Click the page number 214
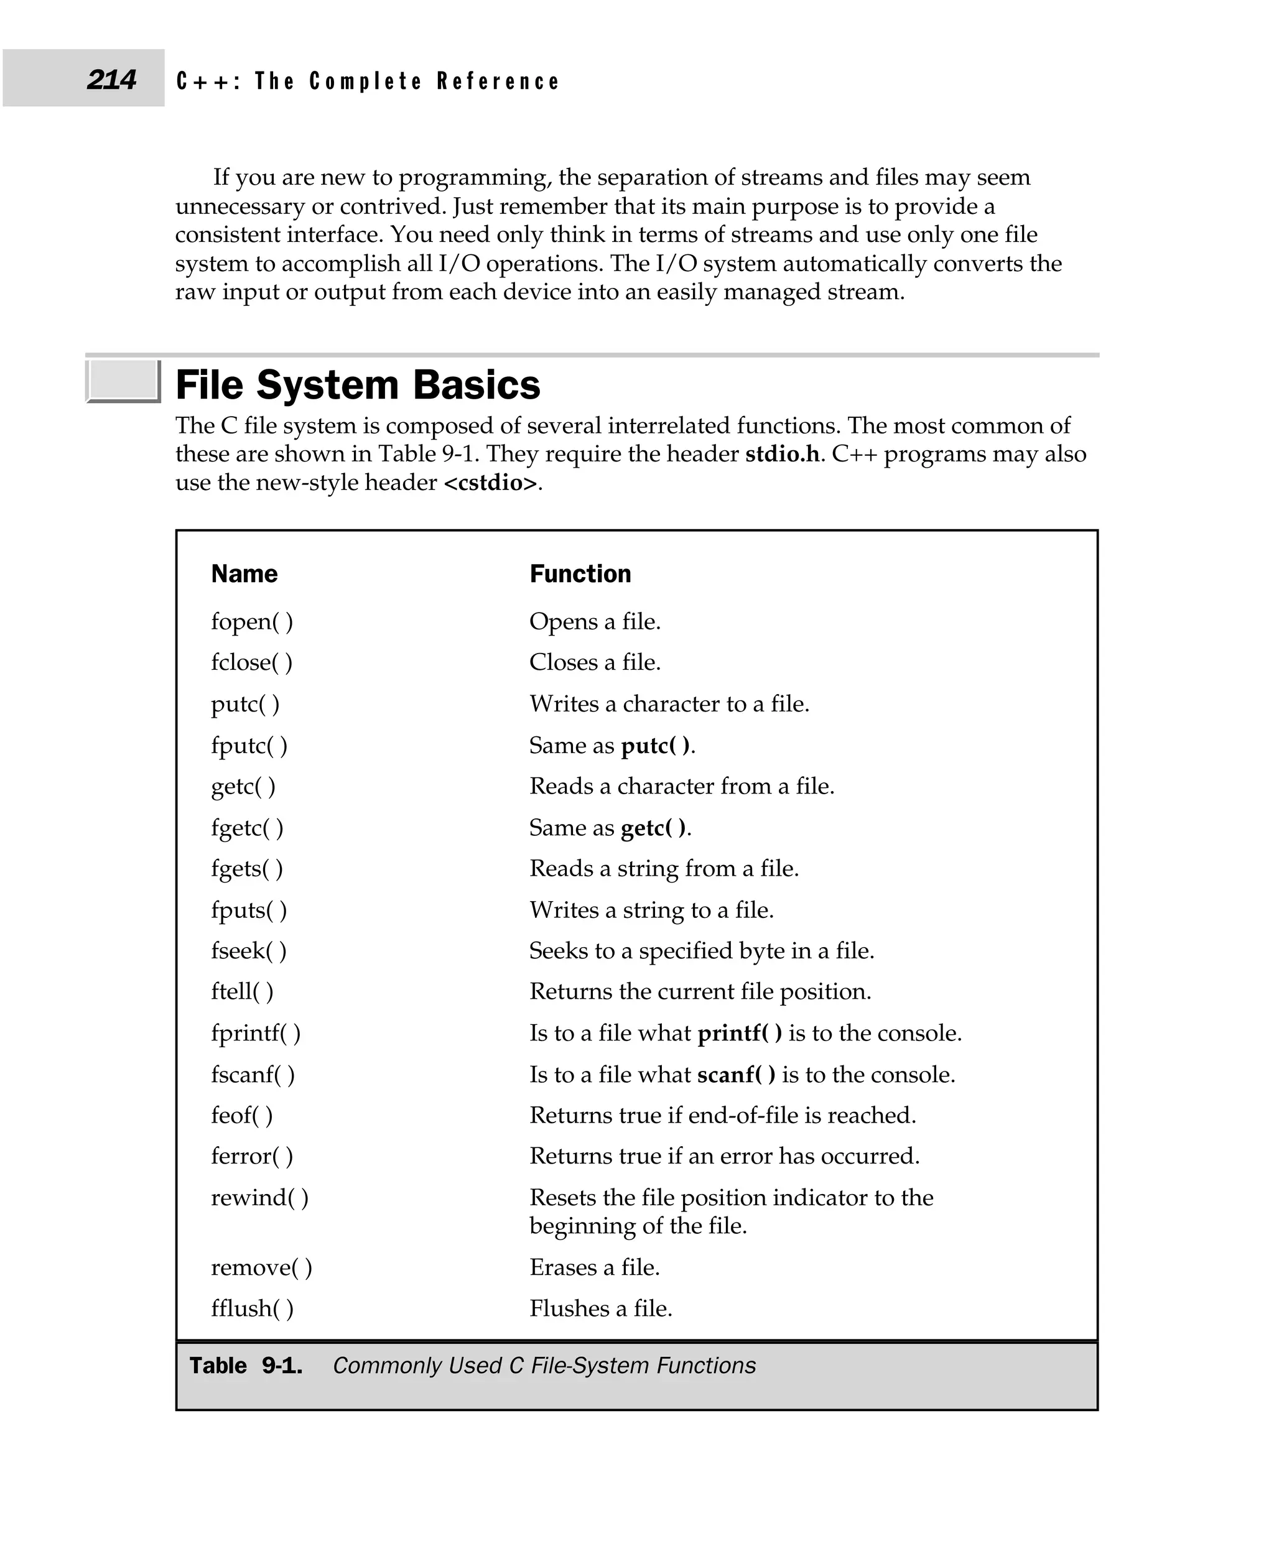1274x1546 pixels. [111, 79]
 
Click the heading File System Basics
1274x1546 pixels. [358, 384]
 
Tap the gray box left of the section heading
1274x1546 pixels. [123, 380]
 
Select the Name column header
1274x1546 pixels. [244, 574]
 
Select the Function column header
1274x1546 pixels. [580, 574]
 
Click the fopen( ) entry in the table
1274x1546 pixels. [252, 621]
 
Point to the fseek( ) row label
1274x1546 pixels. [248, 951]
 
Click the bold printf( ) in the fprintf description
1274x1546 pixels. [739, 1033]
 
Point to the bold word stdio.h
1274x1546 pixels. [781, 454]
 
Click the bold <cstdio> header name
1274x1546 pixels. [490, 483]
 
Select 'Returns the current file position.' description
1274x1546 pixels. [700, 992]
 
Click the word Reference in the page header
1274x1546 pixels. [498, 81]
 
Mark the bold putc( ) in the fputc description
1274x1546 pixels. [655, 746]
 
